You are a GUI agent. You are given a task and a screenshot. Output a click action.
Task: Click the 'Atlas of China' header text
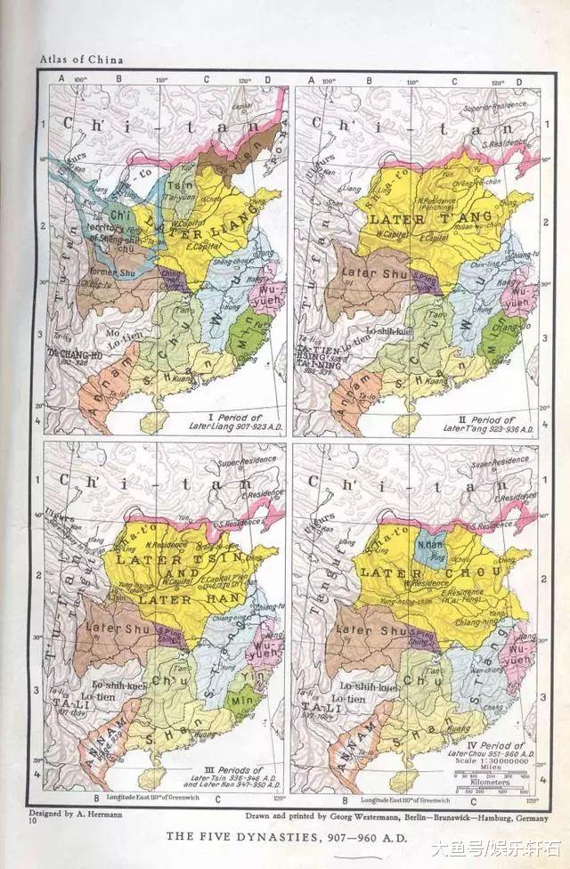[79, 60]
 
